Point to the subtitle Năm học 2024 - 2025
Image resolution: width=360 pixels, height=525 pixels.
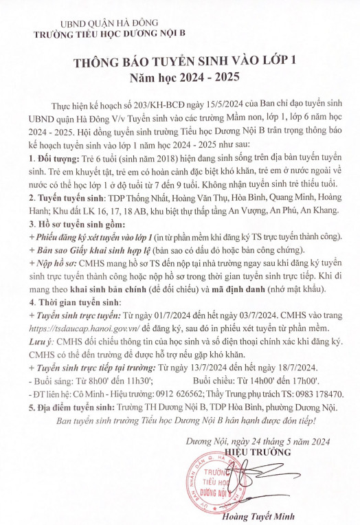(180, 76)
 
